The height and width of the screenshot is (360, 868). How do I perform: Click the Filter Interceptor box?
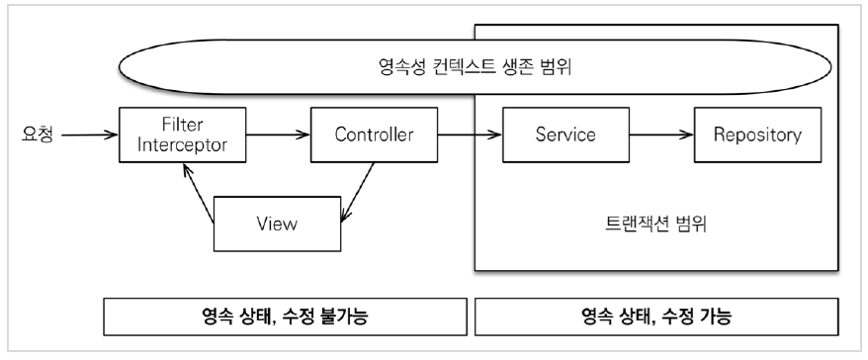pos(183,135)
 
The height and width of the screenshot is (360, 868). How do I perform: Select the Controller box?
pos(375,135)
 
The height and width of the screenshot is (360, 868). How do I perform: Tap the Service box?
pos(565,135)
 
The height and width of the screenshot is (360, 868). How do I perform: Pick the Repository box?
pos(757,135)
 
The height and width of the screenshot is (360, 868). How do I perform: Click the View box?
pos(278,224)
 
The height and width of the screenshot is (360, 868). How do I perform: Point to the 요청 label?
pos(38,135)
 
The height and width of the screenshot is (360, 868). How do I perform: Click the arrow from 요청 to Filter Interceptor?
pos(90,135)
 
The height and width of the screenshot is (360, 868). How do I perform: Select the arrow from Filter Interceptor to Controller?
pos(279,135)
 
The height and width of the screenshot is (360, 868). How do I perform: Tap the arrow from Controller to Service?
pos(470,135)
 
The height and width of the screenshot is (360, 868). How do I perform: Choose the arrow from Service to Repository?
pos(661,135)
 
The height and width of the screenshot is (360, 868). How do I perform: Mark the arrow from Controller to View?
pos(358,193)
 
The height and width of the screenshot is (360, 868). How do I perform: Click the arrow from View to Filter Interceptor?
pos(199,193)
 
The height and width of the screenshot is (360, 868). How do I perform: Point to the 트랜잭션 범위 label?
pos(656,225)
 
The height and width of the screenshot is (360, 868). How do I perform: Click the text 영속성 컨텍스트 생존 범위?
pos(475,67)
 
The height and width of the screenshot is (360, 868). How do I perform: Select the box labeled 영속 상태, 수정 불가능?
pos(285,316)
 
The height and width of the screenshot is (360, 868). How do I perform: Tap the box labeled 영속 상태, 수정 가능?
pos(656,316)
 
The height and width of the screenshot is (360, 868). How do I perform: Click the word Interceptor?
pos(183,145)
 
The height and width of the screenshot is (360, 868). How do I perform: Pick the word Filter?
pos(183,123)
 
